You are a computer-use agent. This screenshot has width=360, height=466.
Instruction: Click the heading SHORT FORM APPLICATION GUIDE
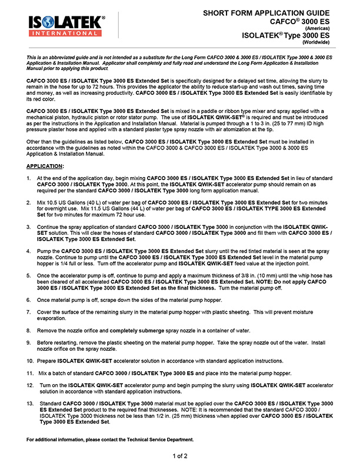pos(269,12)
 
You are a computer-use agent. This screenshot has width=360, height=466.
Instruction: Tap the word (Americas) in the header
pos(318,28)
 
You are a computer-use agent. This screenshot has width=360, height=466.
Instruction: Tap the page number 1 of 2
pos(180,455)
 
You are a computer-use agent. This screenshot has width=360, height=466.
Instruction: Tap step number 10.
pos(31,360)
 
